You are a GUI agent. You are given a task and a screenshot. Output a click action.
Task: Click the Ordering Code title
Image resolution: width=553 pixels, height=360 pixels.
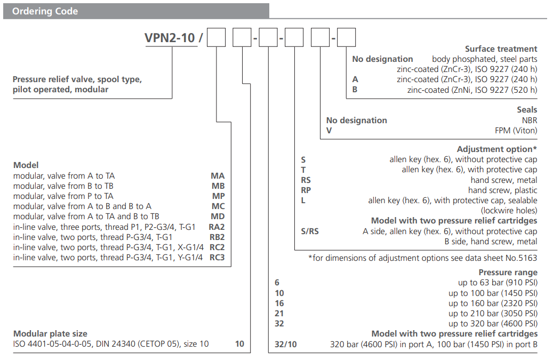45,11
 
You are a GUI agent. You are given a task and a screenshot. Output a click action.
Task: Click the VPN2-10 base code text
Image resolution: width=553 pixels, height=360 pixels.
170,38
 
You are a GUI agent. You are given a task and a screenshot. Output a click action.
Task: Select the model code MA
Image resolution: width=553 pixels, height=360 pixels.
218,176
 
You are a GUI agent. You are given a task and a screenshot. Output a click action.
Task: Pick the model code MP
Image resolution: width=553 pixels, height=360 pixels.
218,196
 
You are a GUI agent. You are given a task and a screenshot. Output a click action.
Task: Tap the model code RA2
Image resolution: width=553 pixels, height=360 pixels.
217,227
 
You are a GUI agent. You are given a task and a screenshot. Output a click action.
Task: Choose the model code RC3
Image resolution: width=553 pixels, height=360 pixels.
217,258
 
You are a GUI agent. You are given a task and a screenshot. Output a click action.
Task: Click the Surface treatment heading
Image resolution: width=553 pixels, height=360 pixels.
501,49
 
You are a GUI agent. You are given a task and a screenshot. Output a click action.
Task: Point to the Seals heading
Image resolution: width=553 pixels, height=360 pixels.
527,110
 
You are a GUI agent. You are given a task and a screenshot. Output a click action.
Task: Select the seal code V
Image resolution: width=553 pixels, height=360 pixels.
329,131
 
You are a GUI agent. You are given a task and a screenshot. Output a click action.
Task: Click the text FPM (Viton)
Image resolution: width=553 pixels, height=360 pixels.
516,131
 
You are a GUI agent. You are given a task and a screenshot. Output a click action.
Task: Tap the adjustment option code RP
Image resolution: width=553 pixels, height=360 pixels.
306,190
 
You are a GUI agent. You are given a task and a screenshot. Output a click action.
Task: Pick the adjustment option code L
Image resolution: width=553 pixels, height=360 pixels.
303,201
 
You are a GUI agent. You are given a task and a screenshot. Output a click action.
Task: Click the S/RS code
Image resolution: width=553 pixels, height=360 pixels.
310,231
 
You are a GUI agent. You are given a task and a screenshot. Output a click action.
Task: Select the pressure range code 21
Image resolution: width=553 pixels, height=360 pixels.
279,314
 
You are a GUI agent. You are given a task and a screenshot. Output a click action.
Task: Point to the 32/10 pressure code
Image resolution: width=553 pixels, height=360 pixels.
285,345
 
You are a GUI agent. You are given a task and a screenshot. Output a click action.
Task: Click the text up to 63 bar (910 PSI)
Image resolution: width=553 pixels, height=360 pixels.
498,283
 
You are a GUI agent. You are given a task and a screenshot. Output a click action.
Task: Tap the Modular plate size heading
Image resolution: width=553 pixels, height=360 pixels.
50,334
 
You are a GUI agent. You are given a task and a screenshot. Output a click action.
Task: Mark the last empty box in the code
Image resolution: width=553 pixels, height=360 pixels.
347,39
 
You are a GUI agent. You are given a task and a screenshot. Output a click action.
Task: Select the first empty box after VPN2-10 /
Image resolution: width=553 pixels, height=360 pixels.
217,39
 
